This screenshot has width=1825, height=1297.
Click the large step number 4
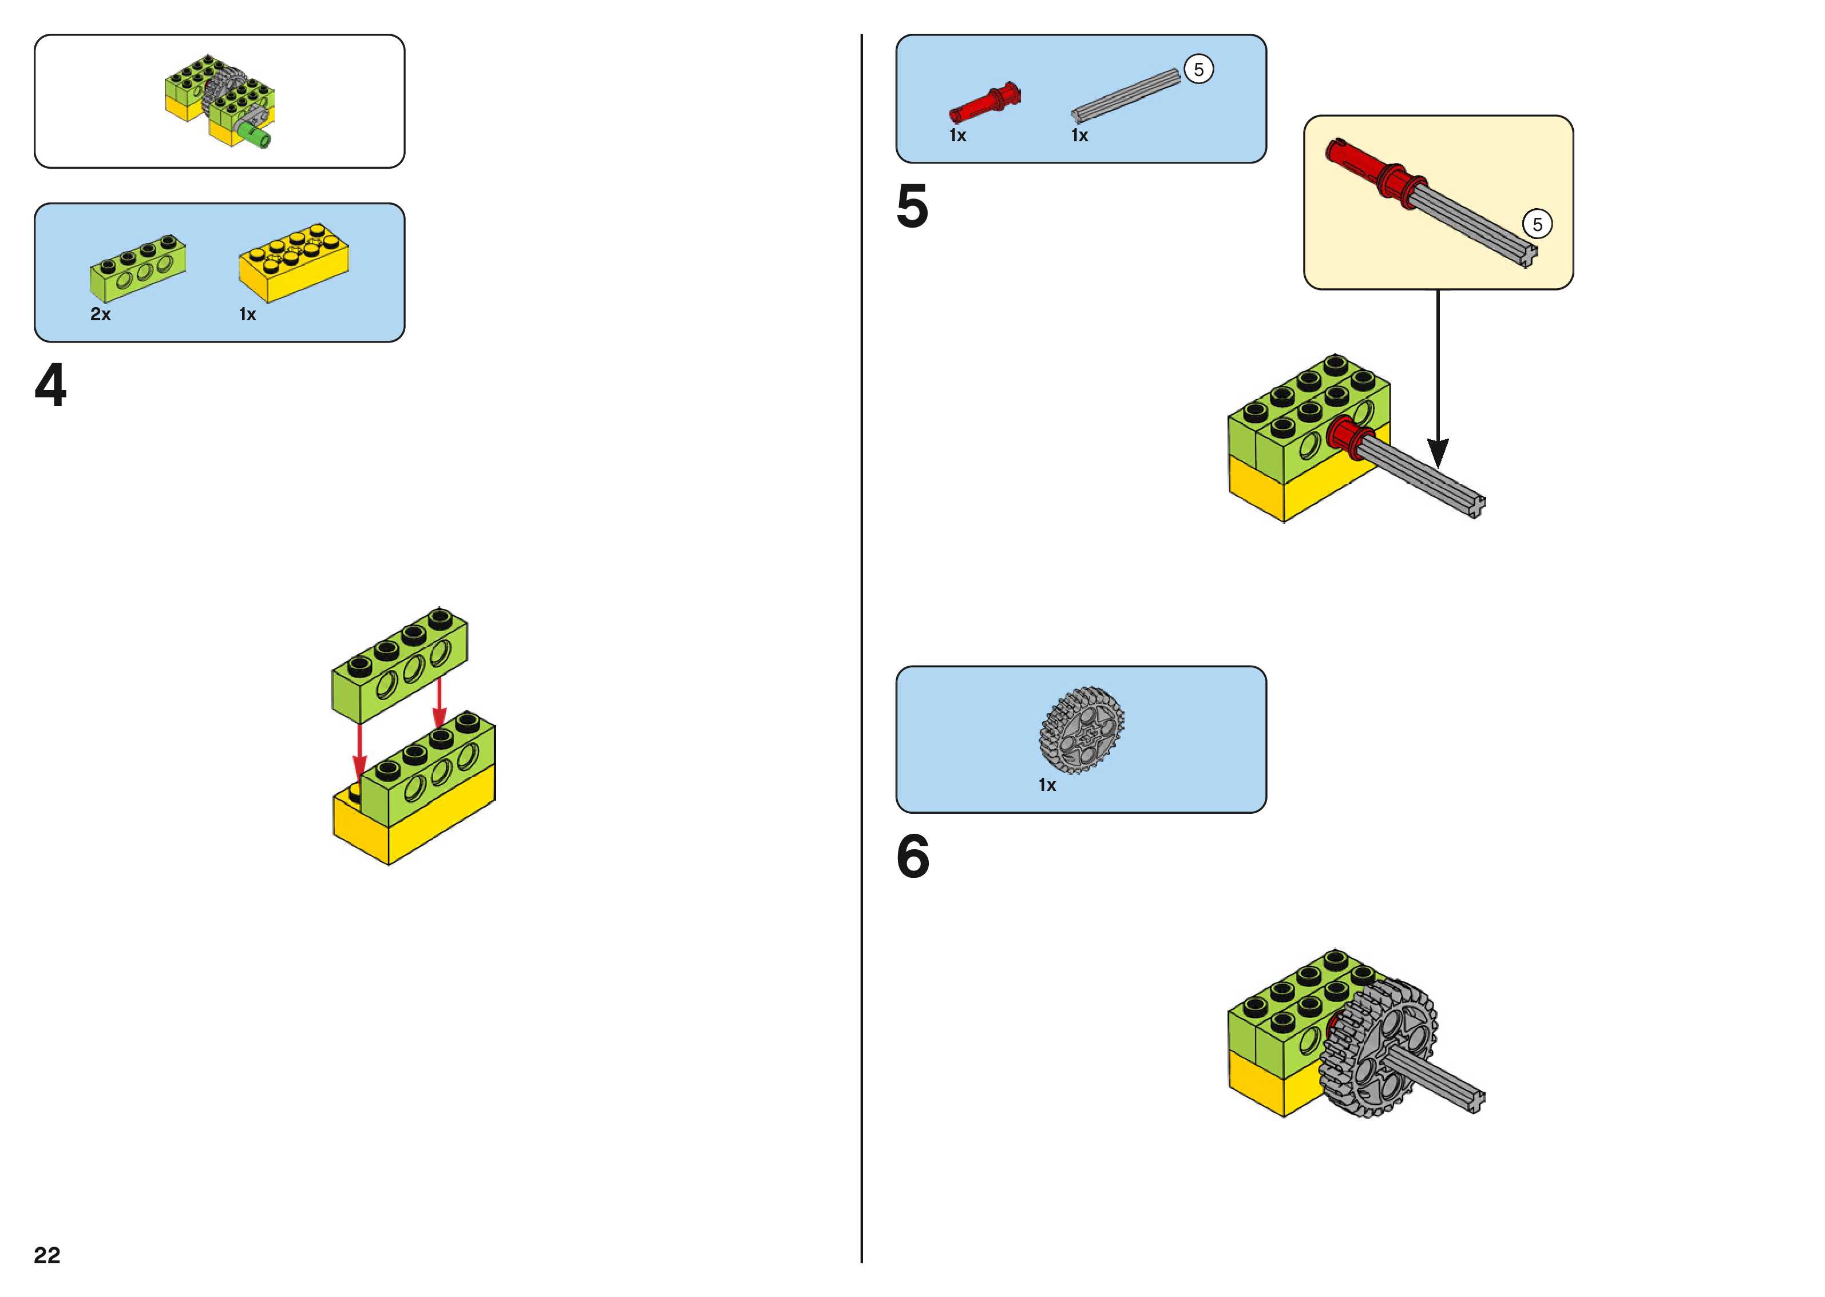pos(50,386)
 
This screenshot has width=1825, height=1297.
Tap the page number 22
pos(47,1255)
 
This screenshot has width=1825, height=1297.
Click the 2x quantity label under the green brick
pos(101,315)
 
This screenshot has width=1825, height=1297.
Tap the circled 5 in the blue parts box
pos(1198,70)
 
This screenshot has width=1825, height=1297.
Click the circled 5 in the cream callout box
pos(1537,224)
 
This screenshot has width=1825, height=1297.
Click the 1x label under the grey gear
pos(1047,786)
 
